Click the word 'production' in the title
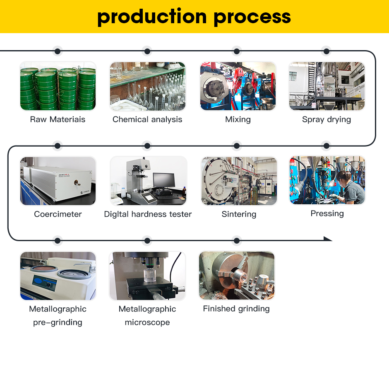click(x=152, y=17)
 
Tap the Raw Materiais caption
click(x=58, y=119)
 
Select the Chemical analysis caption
click(x=147, y=119)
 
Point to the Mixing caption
click(x=238, y=120)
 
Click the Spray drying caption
click(x=327, y=120)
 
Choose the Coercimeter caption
click(x=58, y=214)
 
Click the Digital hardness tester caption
click(x=148, y=214)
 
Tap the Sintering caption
click(x=239, y=214)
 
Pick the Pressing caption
click(x=327, y=213)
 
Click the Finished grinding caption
click(x=236, y=309)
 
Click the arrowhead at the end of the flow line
click(x=328, y=239)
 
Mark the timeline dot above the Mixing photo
click(x=237, y=51)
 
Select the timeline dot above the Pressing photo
click(x=327, y=146)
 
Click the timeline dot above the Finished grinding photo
click(x=237, y=240)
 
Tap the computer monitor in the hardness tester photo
click(x=164, y=180)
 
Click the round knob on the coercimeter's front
click(x=77, y=183)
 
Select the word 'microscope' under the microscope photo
click(x=147, y=322)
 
